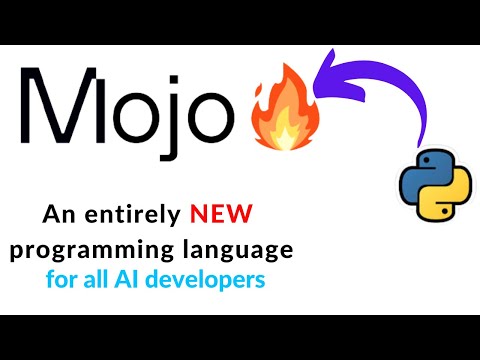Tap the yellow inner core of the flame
283,128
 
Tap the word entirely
126,215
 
